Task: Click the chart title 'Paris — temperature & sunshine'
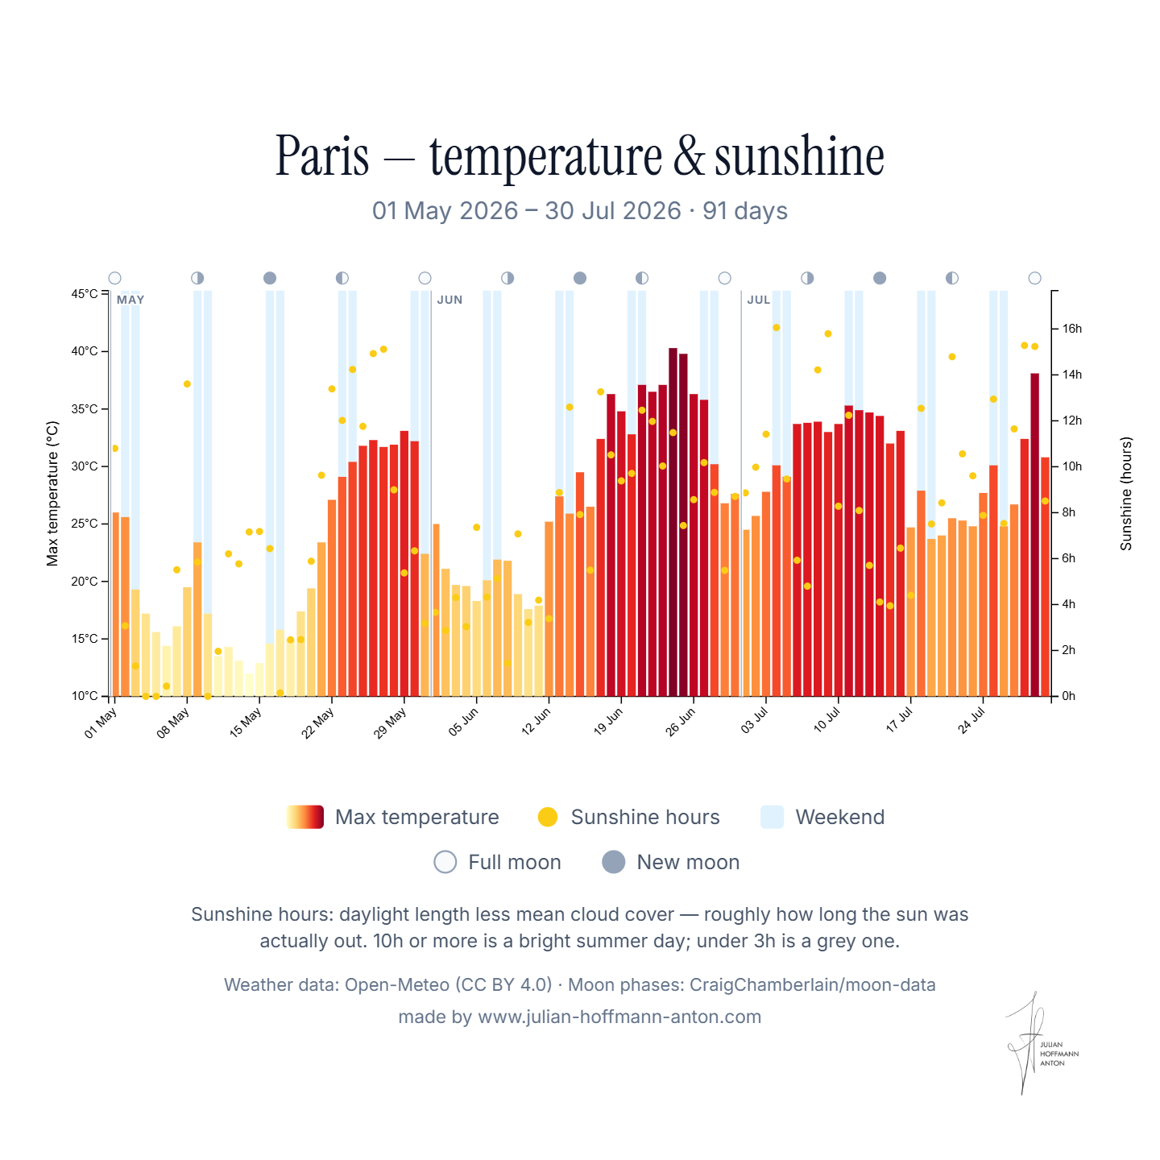coord(579,156)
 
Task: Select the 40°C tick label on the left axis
coord(85,351)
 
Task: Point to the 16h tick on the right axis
coord(1054,329)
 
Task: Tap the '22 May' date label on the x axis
coord(317,723)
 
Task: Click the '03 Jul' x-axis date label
coord(754,720)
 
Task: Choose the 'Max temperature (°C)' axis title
coord(52,494)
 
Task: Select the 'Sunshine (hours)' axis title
coord(1125,494)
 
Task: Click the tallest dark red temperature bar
coord(673,522)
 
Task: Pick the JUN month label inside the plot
coord(449,300)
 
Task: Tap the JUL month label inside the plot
coord(759,300)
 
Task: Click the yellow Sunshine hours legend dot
coord(548,817)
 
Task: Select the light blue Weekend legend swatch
coord(772,817)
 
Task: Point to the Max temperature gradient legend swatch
coord(305,817)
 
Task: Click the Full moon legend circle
coord(445,862)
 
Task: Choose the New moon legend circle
coord(613,862)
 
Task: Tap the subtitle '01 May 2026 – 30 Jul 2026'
coord(527,211)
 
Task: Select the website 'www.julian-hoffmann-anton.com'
coord(619,1017)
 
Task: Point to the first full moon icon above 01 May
coord(115,278)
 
